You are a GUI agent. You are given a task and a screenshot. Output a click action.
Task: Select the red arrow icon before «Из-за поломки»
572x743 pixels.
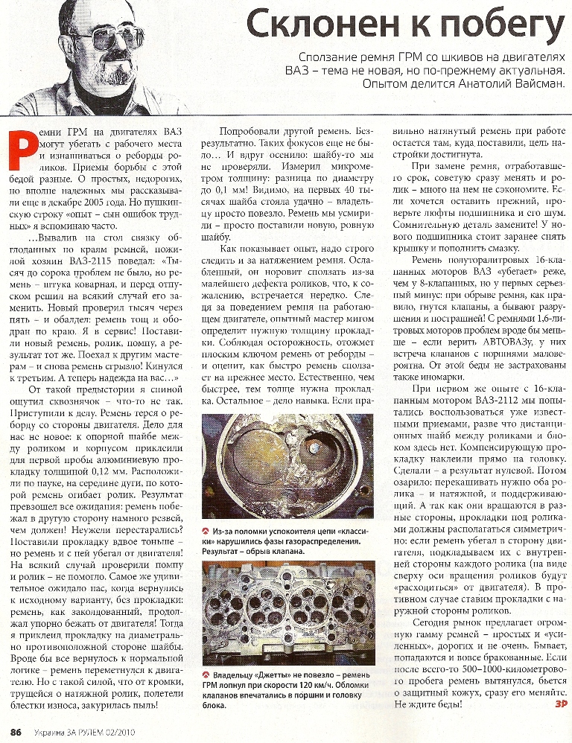(206, 529)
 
